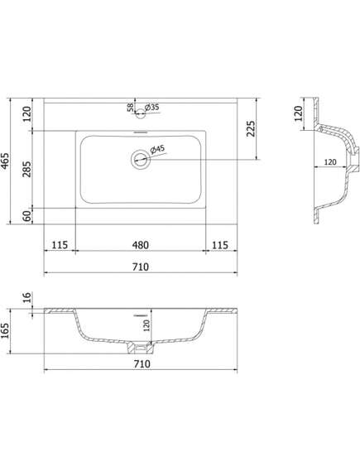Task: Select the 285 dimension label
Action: click(x=27, y=169)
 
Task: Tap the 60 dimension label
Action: click(x=27, y=216)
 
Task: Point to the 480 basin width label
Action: click(x=140, y=245)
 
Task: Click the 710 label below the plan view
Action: click(x=140, y=267)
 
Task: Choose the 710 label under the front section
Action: click(x=142, y=363)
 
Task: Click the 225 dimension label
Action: click(x=251, y=128)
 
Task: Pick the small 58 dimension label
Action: click(x=131, y=108)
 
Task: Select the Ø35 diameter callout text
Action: click(x=151, y=107)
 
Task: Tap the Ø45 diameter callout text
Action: click(x=156, y=149)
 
